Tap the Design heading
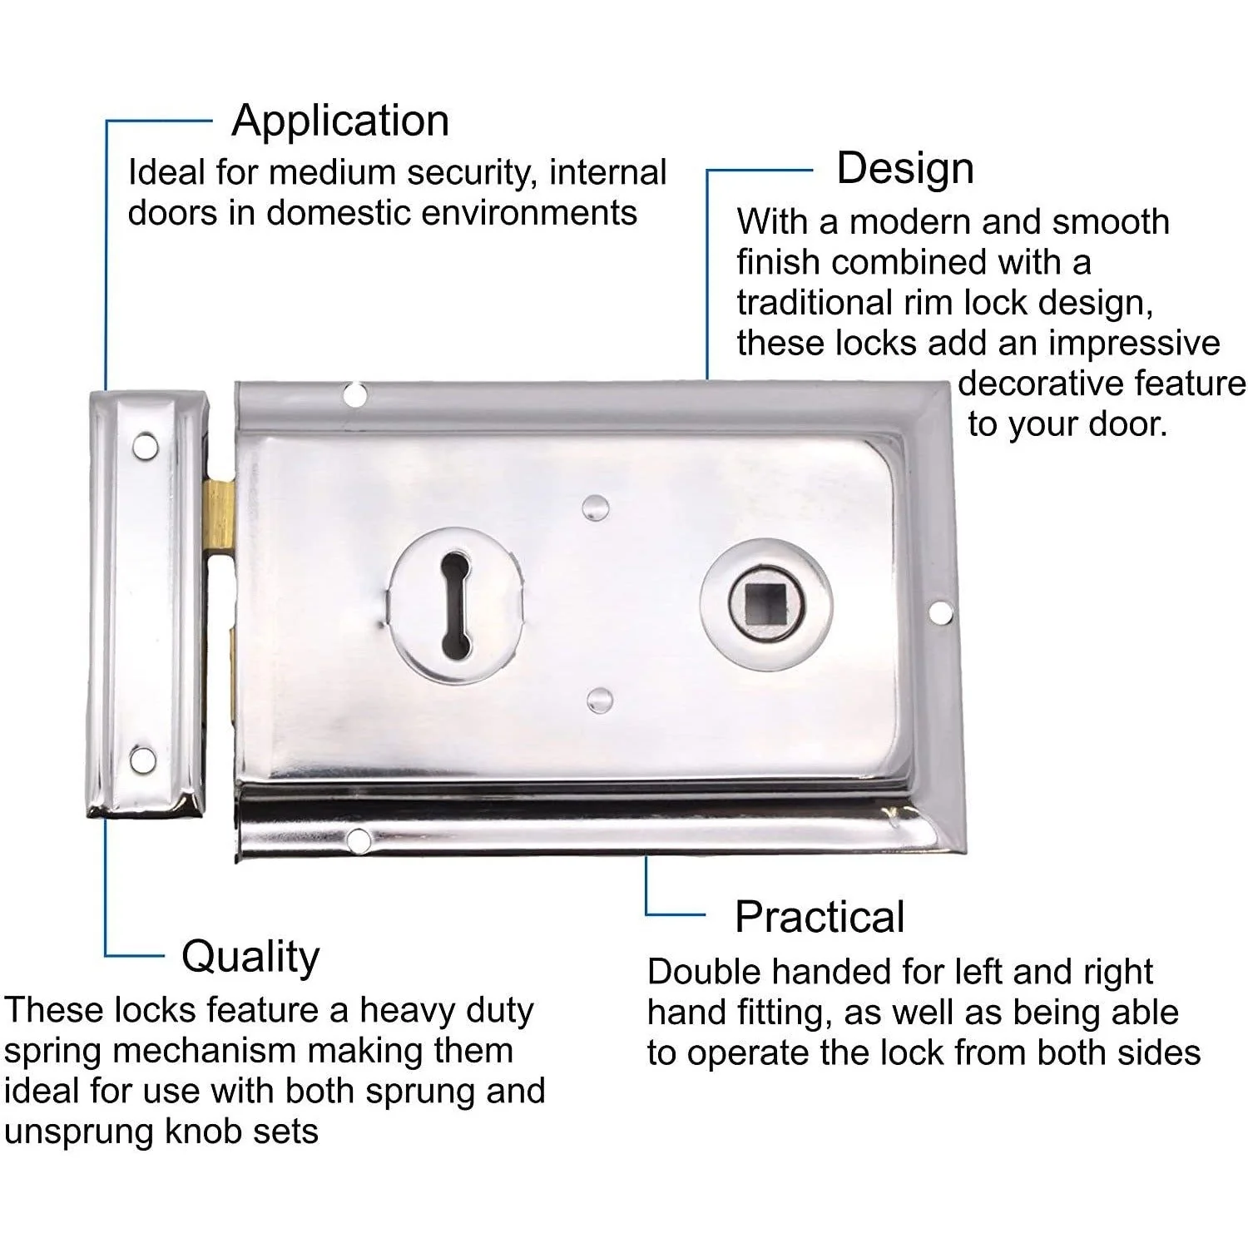[905, 169]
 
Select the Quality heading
[250, 958]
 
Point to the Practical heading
[820, 917]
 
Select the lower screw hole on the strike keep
[143, 760]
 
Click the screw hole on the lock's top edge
[355, 394]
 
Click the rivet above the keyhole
[595, 507]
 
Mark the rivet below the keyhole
[599, 701]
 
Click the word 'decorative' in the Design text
[1036, 384]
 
